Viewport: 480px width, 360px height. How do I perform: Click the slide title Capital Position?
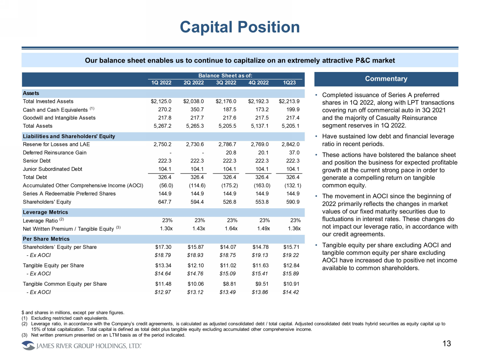point(240,27)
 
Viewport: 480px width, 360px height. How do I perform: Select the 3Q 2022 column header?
point(226,83)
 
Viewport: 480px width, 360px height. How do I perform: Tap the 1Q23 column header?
point(289,83)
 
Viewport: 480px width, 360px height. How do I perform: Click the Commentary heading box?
point(386,79)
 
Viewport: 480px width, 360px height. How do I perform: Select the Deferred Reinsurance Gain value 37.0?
point(294,153)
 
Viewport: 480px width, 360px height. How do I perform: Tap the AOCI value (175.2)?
point(230,186)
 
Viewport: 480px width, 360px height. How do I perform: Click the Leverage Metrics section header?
point(45,212)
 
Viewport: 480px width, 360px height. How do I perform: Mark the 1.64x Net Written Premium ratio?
point(231,229)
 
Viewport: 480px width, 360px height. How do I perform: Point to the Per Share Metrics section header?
point(46,239)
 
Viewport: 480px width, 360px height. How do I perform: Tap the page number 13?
point(446,344)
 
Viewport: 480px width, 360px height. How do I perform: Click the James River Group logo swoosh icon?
point(28,346)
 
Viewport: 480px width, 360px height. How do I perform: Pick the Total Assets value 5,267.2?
point(162,126)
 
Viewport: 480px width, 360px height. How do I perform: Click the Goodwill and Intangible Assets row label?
point(59,118)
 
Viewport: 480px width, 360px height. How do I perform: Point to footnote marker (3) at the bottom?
point(25,335)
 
